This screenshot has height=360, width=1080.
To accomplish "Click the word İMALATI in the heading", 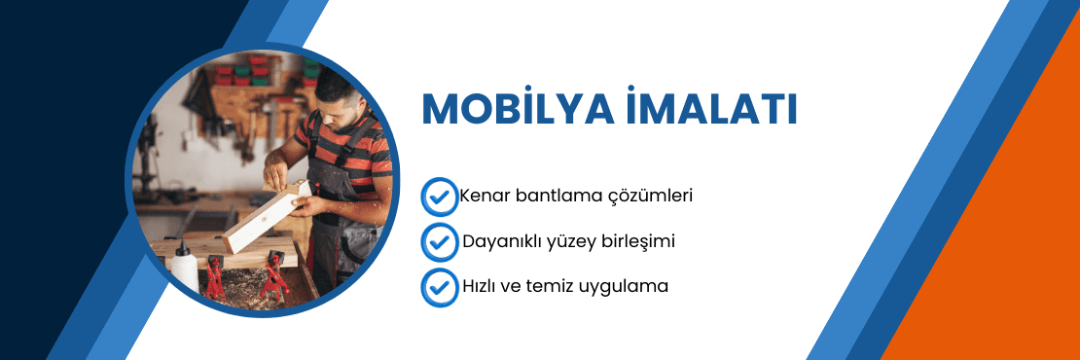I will click(711, 109).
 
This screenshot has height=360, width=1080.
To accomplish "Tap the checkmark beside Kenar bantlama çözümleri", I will click(439, 196).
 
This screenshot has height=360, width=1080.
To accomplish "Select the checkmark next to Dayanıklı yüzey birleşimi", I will click(439, 240).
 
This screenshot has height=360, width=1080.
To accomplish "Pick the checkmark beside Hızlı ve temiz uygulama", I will click(439, 287).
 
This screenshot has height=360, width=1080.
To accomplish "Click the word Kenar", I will click(487, 196).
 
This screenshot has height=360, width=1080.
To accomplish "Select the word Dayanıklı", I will click(507, 240).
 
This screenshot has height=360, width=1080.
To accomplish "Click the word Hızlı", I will click(483, 287).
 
